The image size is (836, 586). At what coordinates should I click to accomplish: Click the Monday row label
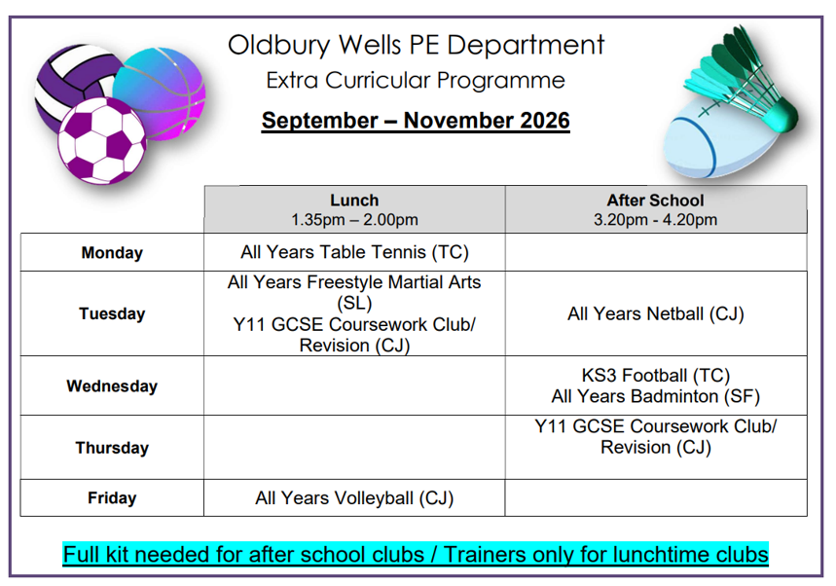pos(112,252)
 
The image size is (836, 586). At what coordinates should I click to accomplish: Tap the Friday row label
pos(112,498)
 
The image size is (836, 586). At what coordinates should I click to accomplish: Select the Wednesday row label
pos(112,386)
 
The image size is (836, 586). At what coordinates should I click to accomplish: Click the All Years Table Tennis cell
pos(354,252)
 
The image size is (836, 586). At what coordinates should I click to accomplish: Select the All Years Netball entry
pos(655,313)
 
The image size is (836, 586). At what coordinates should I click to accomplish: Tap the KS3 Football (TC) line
pos(655,376)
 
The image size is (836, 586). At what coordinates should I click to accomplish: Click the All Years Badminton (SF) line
pos(655,396)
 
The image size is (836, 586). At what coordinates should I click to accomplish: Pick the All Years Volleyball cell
pos(354,498)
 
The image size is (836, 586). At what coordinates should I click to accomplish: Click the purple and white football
pos(102,141)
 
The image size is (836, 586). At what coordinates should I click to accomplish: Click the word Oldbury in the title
pos(279,46)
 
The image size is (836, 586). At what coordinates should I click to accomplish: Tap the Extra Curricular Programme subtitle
pos(416,81)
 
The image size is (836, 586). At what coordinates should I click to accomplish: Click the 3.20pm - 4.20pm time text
pos(655,220)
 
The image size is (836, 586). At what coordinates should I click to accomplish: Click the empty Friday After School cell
pos(656,498)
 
